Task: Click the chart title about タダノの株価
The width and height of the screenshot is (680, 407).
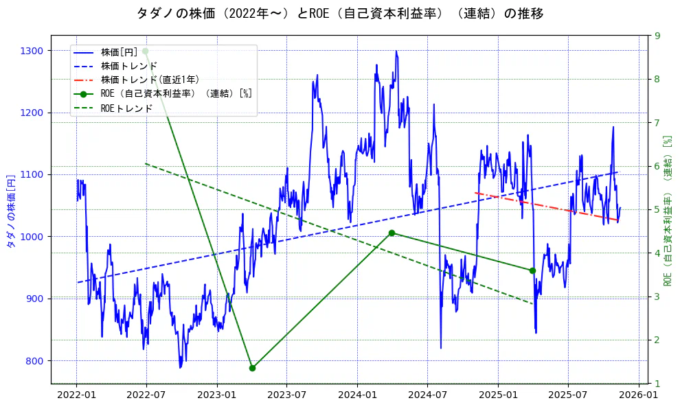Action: click(340, 13)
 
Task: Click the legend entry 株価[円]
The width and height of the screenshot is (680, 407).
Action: click(120, 52)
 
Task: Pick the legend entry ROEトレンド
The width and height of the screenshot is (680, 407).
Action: click(126, 108)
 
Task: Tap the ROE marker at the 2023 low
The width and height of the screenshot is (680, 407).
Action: click(252, 368)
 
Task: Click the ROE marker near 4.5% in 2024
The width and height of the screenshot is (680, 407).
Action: click(392, 233)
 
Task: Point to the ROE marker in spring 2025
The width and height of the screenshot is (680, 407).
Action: click(532, 270)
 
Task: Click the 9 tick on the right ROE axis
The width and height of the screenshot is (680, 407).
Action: click(657, 36)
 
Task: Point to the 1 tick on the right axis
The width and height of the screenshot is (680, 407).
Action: click(657, 384)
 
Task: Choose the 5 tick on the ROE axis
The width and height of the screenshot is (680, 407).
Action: click(657, 210)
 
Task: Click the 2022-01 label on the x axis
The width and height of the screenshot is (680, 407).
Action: click(76, 395)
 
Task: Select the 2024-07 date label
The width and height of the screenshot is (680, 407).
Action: click(427, 395)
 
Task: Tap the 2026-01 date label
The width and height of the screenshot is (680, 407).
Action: click(638, 395)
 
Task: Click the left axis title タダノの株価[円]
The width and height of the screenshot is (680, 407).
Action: click(10, 210)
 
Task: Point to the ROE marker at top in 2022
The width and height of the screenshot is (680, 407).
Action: click(145, 51)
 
